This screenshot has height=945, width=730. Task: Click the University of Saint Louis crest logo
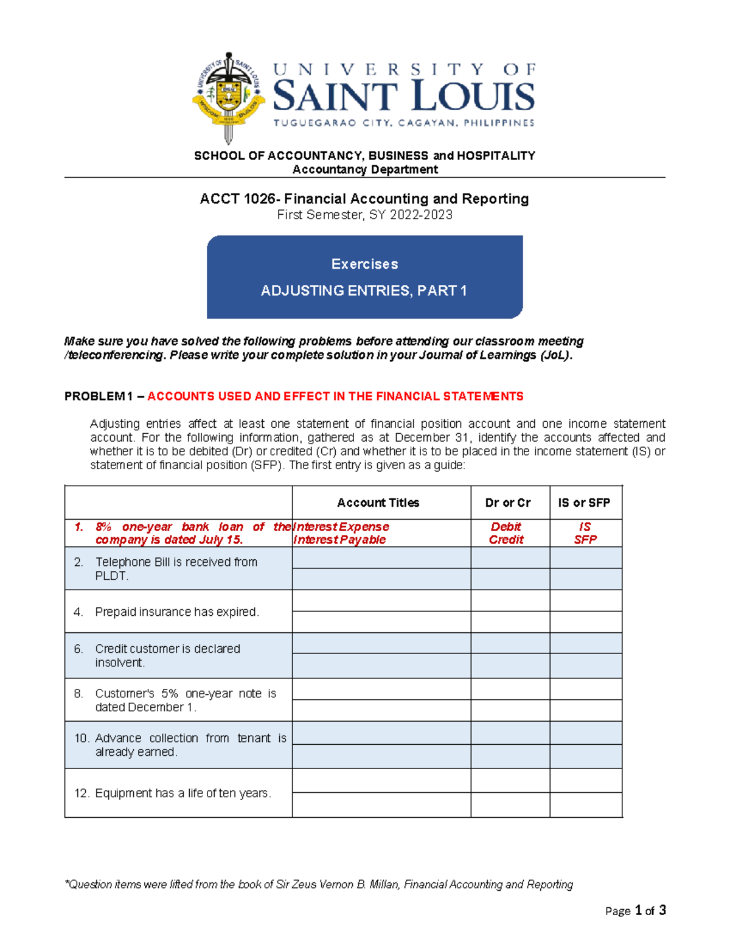[228, 97]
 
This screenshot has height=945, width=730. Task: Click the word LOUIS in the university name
[473, 97]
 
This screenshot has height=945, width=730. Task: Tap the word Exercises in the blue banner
[364, 264]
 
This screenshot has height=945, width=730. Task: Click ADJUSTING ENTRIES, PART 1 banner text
[364, 291]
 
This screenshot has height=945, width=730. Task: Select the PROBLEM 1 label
[99, 397]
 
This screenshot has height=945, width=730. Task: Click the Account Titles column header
[378, 503]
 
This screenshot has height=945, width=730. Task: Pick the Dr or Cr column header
[507, 503]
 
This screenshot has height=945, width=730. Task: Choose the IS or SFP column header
[584, 503]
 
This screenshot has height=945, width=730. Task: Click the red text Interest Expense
[341, 527]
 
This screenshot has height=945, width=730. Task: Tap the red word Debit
[506, 527]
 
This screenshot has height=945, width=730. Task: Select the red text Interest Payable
[339, 540]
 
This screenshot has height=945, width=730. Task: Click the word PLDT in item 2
[111, 576]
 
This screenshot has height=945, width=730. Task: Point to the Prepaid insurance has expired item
[177, 612]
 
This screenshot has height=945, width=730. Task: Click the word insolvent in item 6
[119, 663]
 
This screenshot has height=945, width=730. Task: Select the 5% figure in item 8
[170, 694]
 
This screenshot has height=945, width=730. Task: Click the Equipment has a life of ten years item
[182, 793]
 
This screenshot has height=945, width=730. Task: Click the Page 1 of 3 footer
[635, 911]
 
